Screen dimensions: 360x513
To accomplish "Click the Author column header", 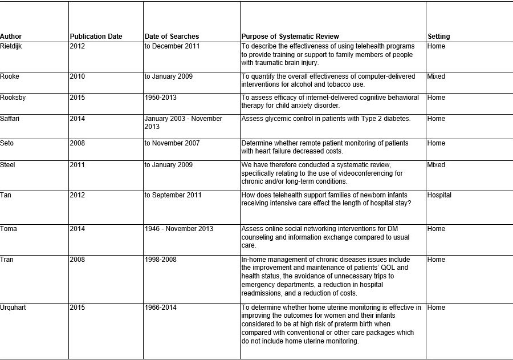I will (x=11, y=37).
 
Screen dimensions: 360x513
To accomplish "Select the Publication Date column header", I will (x=96, y=37).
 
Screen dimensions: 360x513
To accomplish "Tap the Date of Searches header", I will (x=172, y=37).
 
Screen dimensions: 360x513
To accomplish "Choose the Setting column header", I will (x=438, y=37).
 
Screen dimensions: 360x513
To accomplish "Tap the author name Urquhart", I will (x=14, y=308).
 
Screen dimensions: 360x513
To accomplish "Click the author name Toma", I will (x=9, y=229).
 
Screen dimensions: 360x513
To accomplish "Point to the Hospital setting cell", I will (x=439, y=195).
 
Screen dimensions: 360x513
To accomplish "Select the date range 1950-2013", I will (x=160, y=98).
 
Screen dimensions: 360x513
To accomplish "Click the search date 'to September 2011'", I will (x=172, y=195).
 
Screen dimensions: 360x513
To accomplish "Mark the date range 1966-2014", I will (x=160, y=308).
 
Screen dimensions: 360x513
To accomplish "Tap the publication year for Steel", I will (x=77, y=165).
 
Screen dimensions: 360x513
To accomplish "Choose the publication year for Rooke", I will (x=77, y=76).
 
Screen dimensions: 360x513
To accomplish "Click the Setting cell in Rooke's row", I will (x=436, y=76).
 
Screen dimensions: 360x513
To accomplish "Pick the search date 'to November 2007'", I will (x=172, y=143).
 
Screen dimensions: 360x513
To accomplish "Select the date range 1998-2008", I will (x=160, y=260).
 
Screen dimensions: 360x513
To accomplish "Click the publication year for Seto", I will (x=77, y=143).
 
